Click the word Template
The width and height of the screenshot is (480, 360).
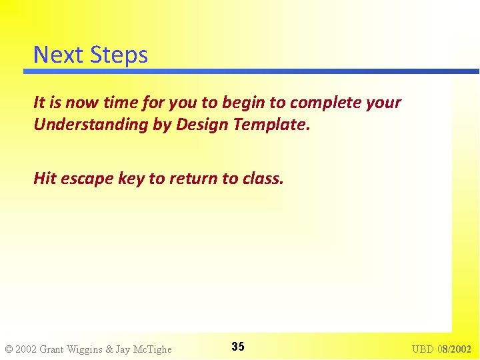[x=274, y=124]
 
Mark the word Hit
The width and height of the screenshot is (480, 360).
[x=45, y=178]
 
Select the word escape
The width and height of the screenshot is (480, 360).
[x=87, y=179]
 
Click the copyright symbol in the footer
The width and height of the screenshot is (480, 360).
[x=9, y=349]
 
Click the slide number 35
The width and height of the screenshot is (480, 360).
[x=238, y=347]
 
